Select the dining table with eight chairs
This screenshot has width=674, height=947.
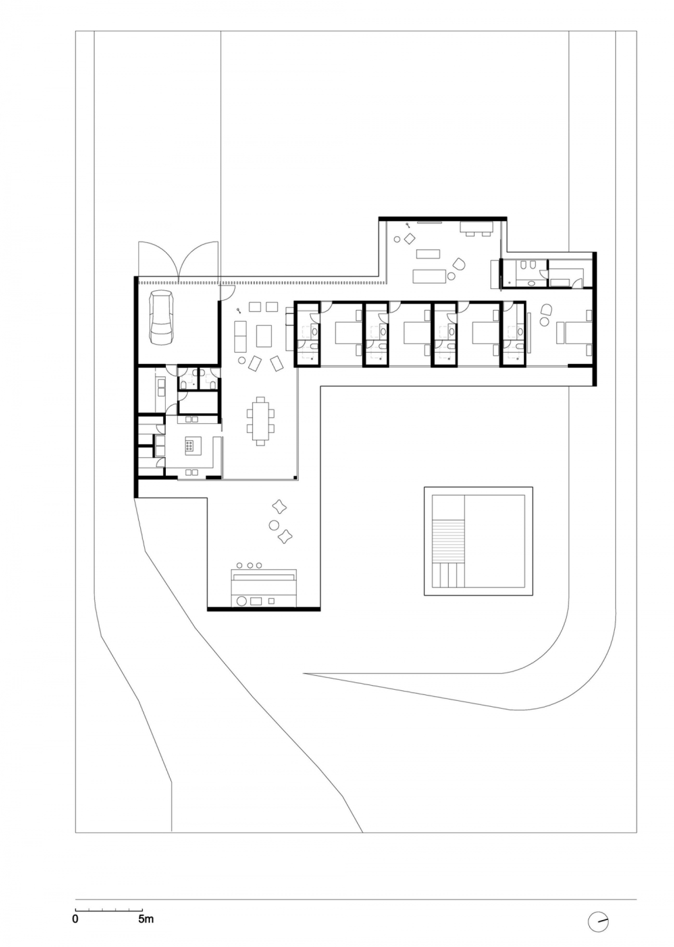(260, 421)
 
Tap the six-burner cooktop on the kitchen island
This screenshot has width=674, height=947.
(190, 445)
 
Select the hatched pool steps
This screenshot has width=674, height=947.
(448, 542)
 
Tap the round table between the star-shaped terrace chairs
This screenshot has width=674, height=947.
(274, 525)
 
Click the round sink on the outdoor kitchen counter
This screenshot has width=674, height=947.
(243, 601)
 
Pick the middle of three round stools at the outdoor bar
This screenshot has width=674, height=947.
(250, 565)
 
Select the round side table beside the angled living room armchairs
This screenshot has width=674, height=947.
(242, 361)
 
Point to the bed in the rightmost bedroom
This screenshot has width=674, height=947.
(573, 332)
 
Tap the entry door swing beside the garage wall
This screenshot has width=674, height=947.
(228, 292)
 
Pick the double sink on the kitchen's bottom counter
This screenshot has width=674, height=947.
(192, 472)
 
